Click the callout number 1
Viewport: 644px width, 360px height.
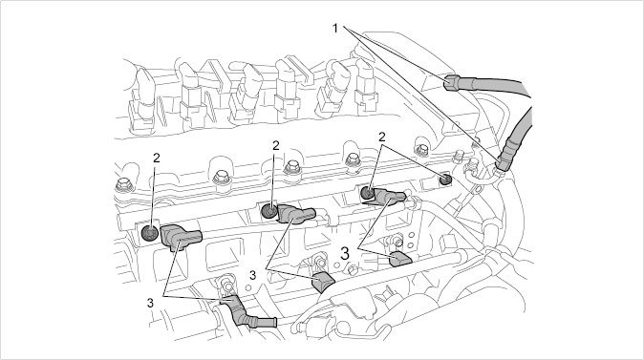[x=335, y=29]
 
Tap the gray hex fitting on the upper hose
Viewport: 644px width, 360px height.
[x=452, y=82]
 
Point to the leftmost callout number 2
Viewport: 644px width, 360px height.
[x=156, y=158]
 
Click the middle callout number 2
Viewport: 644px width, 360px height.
[x=275, y=145]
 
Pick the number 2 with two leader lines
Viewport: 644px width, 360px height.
[x=382, y=138]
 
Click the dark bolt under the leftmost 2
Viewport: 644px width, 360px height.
[x=150, y=233]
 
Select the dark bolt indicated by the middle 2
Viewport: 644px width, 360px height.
[x=269, y=211]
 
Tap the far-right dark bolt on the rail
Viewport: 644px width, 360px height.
[x=445, y=180]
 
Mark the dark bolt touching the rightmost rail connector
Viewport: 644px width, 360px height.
[x=367, y=193]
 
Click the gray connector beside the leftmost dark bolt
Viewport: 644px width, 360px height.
[x=181, y=237]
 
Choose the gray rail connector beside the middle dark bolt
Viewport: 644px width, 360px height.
[x=296, y=214]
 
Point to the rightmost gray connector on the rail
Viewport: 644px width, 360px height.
[x=389, y=196]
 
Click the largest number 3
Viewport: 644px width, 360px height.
[x=345, y=254]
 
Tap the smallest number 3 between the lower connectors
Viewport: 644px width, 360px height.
[x=252, y=275]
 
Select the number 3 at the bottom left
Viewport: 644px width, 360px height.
[x=150, y=303]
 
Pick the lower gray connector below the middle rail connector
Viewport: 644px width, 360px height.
[x=323, y=283]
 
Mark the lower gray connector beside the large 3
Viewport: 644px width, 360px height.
[x=400, y=260]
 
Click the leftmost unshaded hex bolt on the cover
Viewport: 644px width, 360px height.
[x=123, y=185]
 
